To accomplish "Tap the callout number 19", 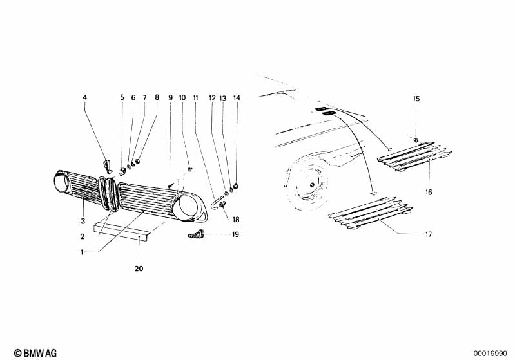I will (x=235, y=234).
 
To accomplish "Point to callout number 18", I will (x=235, y=219).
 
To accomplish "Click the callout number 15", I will (x=416, y=99).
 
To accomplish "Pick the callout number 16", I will (x=429, y=192).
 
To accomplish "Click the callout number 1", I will (x=82, y=252).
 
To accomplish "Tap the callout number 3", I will (x=83, y=201).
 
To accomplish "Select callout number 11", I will (x=195, y=97).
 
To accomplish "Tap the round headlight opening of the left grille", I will (x=64, y=183).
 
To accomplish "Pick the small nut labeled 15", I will (x=416, y=140).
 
